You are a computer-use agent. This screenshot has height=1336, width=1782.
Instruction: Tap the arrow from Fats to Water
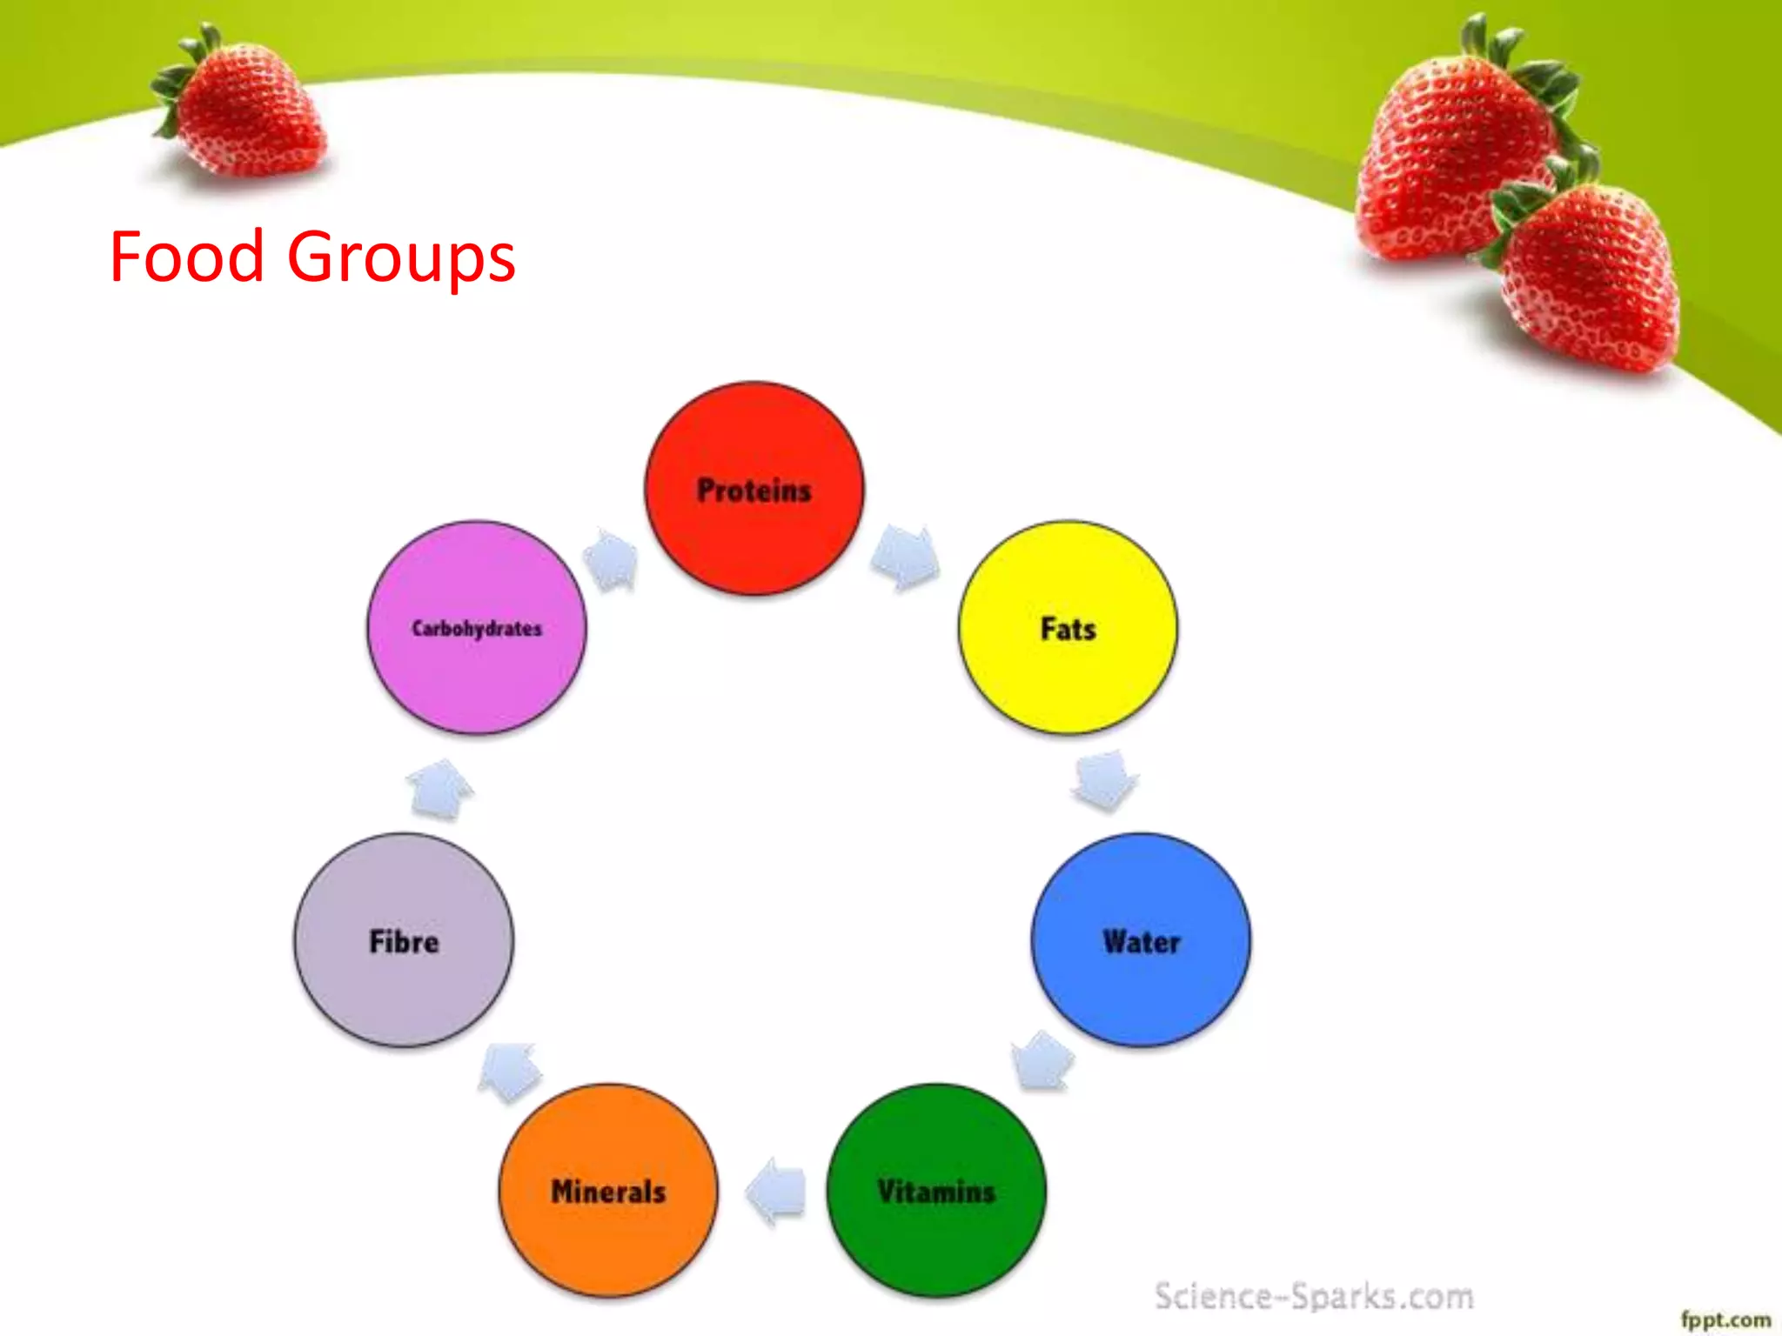(1104, 779)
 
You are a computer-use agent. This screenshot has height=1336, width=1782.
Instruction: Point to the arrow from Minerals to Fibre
(510, 1071)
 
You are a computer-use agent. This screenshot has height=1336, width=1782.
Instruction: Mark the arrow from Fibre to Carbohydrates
(439, 788)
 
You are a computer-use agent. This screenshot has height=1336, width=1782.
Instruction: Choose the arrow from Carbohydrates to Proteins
(612, 559)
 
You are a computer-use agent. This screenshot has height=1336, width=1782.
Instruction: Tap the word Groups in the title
(401, 258)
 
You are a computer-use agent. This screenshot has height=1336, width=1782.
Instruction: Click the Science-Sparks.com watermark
(1314, 1296)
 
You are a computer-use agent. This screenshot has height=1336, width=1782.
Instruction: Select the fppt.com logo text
(1725, 1319)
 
